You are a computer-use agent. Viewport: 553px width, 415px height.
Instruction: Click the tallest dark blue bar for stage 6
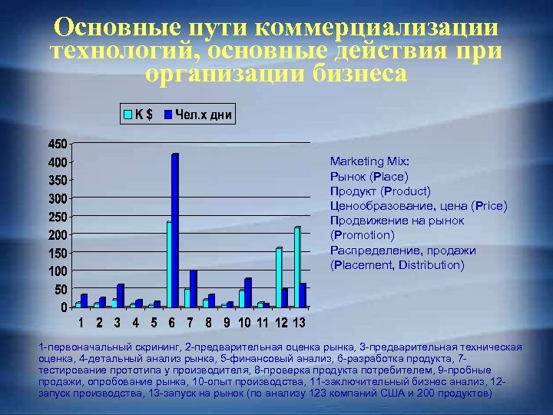point(175,231)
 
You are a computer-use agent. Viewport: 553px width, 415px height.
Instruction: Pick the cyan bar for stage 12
point(279,277)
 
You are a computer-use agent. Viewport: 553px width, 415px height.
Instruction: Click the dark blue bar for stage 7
point(194,289)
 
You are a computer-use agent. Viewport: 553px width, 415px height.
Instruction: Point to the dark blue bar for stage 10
point(248,293)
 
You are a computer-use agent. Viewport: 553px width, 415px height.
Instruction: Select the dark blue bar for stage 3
point(120,296)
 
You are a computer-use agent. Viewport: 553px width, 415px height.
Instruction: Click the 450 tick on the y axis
point(56,144)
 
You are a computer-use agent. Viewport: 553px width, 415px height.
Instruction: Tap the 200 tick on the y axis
point(56,234)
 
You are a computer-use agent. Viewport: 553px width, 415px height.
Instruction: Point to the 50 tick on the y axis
point(59,289)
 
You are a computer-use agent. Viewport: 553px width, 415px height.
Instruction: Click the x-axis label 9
point(227,321)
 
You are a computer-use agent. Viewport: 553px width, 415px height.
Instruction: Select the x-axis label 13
point(299,321)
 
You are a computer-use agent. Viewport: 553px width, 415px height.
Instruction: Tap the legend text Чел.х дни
point(204,115)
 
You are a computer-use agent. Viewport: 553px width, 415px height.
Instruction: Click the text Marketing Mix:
point(369,161)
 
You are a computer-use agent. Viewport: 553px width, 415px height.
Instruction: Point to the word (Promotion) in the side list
point(362,235)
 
